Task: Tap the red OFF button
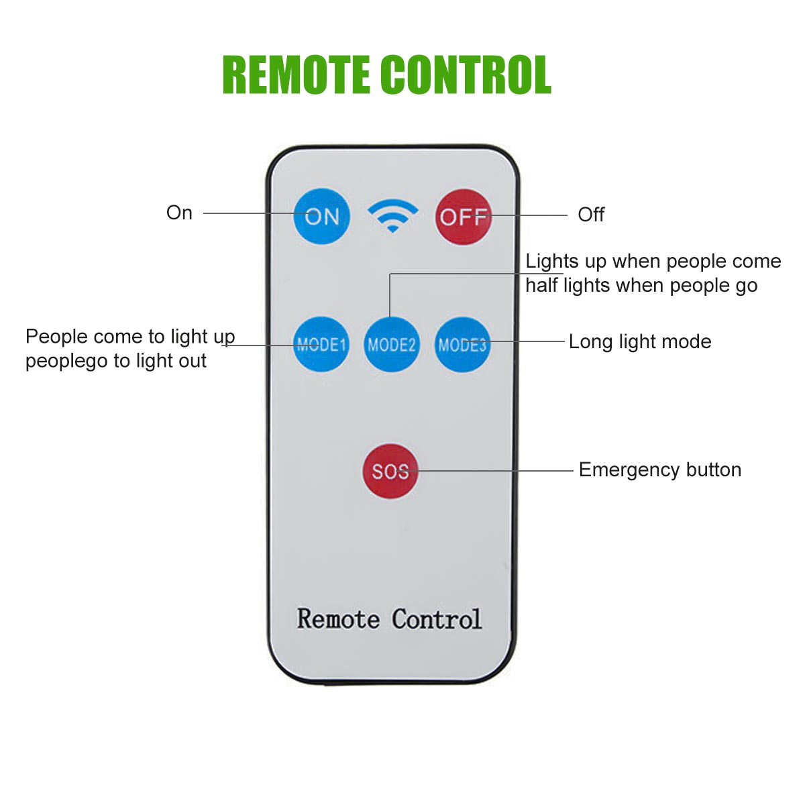coord(463,217)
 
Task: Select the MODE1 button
coord(321,344)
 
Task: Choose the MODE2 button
coord(392,344)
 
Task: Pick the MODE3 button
coord(462,344)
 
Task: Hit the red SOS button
coord(390,471)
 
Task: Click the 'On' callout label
coord(179,213)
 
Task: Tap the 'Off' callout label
coord(591,215)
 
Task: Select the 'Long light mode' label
coord(640,341)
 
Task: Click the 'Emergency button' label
coord(660,470)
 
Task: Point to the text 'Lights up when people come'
coord(653,261)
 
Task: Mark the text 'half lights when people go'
coord(641,286)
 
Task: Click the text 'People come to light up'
coord(130,336)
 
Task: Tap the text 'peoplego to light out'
coord(116,361)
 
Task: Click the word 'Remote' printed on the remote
coord(338,619)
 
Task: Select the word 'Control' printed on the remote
coord(437,619)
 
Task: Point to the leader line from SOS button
coord(496,471)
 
